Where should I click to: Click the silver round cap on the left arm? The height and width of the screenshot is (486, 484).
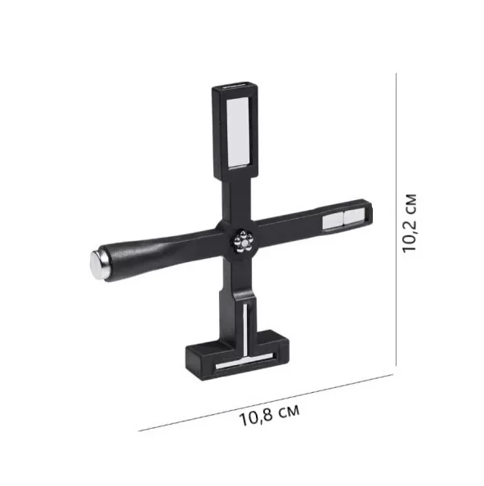(x=98, y=265)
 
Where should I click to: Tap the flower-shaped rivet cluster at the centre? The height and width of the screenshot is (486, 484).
(x=244, y=242)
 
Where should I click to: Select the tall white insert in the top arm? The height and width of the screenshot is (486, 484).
(x=238, y=132)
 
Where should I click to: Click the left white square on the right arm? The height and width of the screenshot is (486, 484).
(x=332, y=221)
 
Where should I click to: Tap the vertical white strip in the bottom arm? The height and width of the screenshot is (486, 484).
(x=245, y=329)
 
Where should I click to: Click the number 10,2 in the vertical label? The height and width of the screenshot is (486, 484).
(x=410, y=234)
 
